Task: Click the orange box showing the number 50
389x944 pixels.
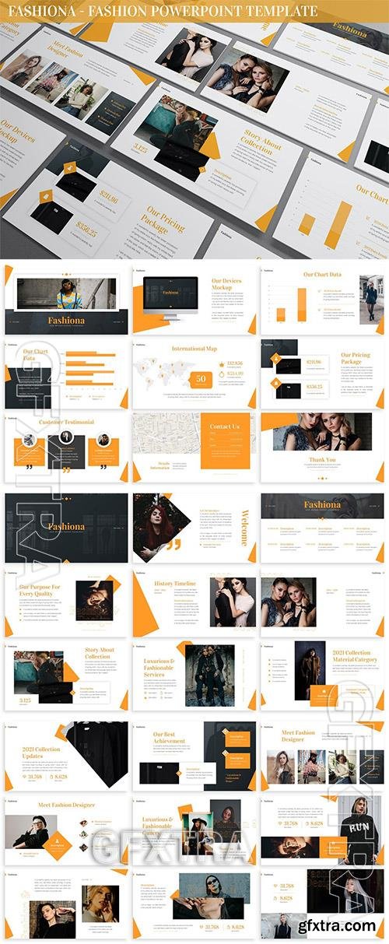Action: pyautogui.click(x=201, y=379)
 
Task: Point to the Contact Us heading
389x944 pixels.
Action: pyautogui.click(x=225, y=426)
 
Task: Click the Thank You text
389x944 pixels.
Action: pyautogui.click(x=322, y=460)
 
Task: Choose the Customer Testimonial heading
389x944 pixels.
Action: pyautogui.click(x=66, y=422)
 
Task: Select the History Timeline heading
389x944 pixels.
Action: pyautogui.click(x=175, y=583)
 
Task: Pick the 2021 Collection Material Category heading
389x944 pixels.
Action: pyautogui.click(x=355, y=656)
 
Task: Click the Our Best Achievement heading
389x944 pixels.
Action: pyautogui.click(x=170, y=738)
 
